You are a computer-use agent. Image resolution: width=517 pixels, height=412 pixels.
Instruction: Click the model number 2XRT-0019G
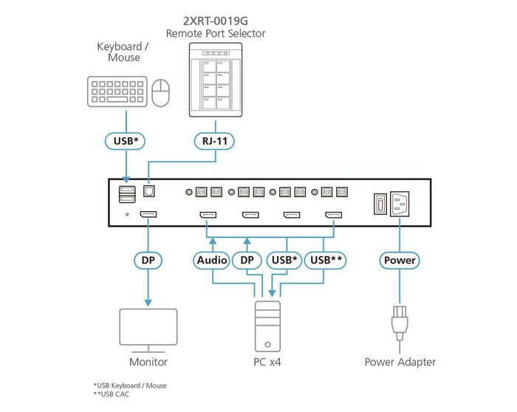point(216,20)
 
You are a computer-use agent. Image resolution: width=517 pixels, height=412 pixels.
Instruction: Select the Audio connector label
point(212,260)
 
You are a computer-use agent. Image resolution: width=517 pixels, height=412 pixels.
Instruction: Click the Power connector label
point(400,260)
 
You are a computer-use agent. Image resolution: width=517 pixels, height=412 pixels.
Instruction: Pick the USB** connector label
point(325,260)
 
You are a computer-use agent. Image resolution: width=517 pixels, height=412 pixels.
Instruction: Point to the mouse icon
point(160,94)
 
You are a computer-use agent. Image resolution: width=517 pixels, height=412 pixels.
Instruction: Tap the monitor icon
point(148,329)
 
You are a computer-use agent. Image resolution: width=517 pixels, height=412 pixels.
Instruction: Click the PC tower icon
point(267,325)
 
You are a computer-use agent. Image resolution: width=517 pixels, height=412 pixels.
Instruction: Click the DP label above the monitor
point(148,260)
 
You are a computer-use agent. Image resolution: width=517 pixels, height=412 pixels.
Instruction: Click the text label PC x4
point(267,362)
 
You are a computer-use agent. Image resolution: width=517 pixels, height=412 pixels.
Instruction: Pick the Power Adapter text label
point(400,362)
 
